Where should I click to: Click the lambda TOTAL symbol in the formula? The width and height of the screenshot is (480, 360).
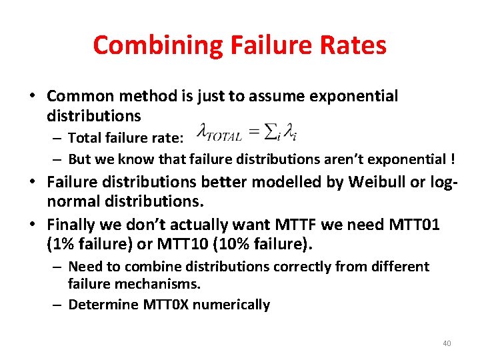click(x=221, y=134)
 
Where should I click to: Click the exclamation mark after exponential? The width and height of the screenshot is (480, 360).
click(x=453, y=159)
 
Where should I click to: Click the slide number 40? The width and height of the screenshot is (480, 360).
click(x=447, y=343)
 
